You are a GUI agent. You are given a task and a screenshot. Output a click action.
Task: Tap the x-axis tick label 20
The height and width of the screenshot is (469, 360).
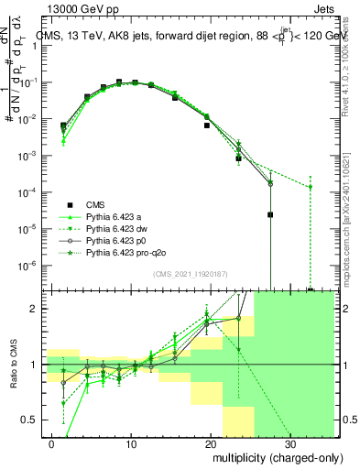210,441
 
